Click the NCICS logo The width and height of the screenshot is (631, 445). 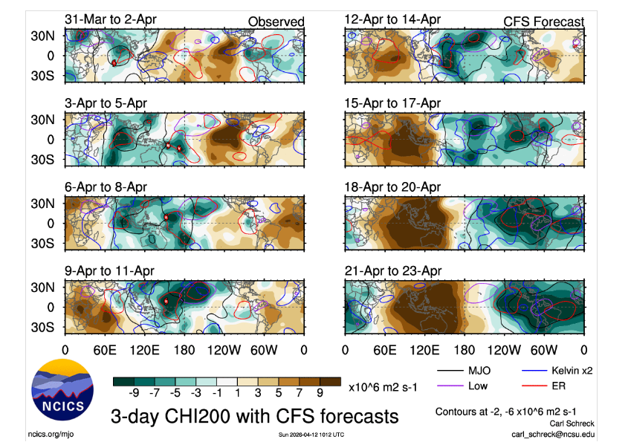click(x=62, y=392)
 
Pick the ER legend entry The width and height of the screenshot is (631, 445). click(x=565, y=386)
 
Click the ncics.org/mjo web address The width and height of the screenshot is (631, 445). click(x=53, y=433)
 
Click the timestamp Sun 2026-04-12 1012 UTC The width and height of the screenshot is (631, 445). click(x=311, y=435)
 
